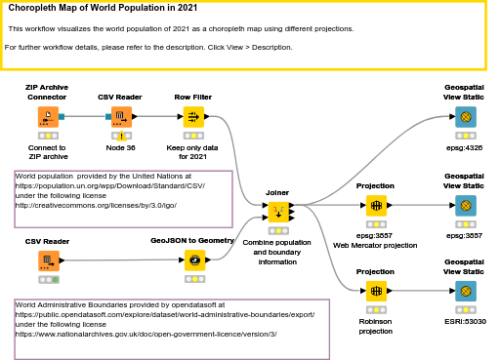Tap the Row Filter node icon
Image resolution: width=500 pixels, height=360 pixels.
coord(193,117)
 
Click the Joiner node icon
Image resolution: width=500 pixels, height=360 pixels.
coord(277,210)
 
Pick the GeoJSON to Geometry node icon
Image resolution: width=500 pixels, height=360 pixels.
coord(193,260)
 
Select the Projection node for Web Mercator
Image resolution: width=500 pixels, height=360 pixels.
coord(375,206)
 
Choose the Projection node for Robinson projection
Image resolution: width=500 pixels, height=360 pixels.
coord(375,291)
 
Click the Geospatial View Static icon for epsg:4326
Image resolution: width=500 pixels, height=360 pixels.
coord(465,117)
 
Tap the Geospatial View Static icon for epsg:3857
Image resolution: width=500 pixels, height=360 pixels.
coord(465,206)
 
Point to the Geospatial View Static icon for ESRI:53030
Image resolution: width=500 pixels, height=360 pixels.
coord(465,291)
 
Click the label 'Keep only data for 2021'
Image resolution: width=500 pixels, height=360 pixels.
coord(193,151)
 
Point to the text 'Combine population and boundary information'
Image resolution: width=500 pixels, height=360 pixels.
coord(276,252)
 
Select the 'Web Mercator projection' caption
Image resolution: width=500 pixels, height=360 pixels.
coord(375,245)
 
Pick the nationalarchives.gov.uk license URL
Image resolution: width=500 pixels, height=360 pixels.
coord(146,334)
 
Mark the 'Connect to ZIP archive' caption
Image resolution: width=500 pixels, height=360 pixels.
coord(48,151)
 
